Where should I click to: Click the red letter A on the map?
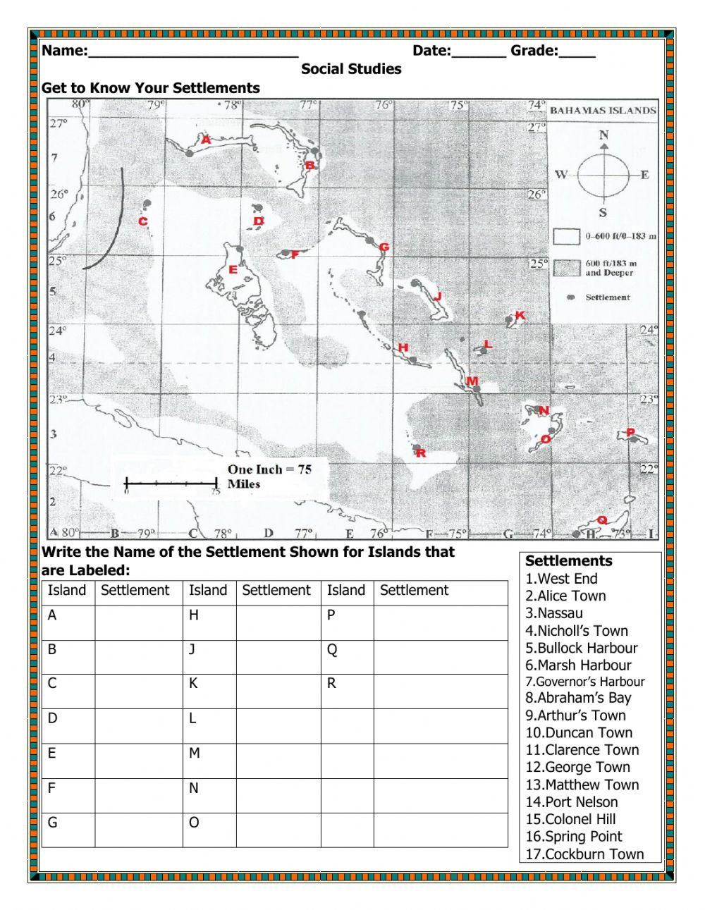pos(206,140)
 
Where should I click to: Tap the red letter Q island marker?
pos(601,519)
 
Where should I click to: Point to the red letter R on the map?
pos(421,453)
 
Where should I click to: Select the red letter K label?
pos(520,315)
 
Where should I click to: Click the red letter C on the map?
pos(142,221)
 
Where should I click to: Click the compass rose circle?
pos(603,175)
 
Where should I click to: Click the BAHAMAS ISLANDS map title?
pos(602,110)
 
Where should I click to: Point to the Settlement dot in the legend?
pos(571,297)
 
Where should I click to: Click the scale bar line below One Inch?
pos(171,484)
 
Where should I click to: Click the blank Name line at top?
pos(193,51)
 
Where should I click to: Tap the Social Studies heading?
pos(351,69)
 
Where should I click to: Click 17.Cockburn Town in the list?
pos(584,854)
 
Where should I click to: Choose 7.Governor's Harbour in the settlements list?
pos(584,682)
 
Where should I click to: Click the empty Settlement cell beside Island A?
pos(138,623)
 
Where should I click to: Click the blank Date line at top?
pos(478,51)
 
